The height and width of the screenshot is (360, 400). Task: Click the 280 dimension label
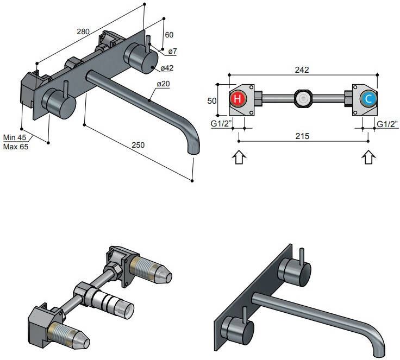click(x=83, y=31)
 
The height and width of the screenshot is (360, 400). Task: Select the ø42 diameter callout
click(x=166, y=68)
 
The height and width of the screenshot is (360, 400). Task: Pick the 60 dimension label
click(x=169, y=34)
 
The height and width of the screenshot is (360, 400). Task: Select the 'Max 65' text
click(x=15, y=147)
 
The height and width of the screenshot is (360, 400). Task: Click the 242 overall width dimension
click(x=302, y=70)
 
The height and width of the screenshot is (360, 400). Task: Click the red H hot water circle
click(x=238, y=99)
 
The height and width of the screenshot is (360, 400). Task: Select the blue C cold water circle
click(x=368, y=99)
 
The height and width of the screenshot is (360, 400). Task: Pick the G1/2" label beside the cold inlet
click(x=387, y=124)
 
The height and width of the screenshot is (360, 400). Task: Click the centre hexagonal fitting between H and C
click(x=302, y=99)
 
